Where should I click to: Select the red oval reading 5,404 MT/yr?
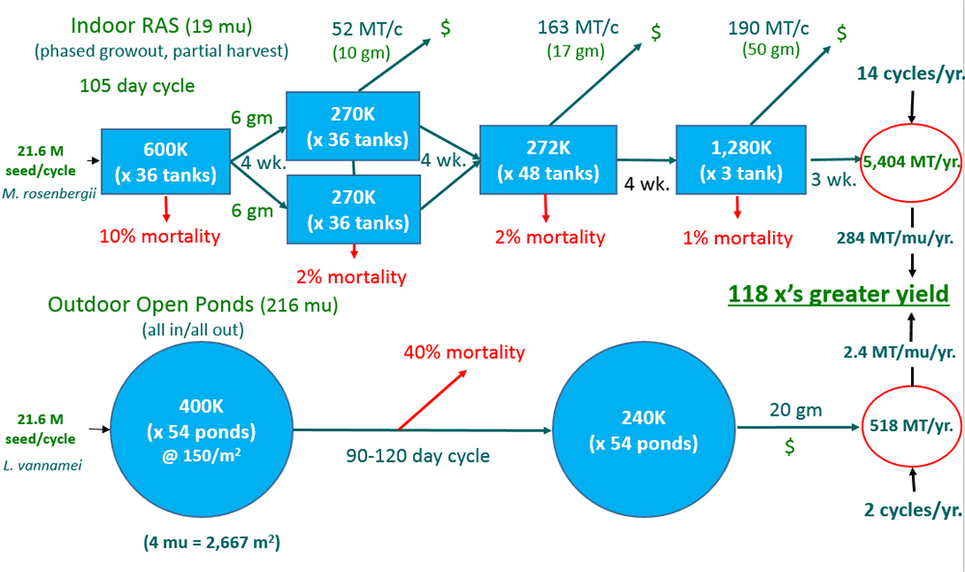[x=912, y=163]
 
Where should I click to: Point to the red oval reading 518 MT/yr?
[x=912, y=426]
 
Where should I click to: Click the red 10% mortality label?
[x=160, y=236]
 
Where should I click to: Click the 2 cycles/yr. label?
[x=911, y=509]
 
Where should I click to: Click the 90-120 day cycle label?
[x=417, y=455]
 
